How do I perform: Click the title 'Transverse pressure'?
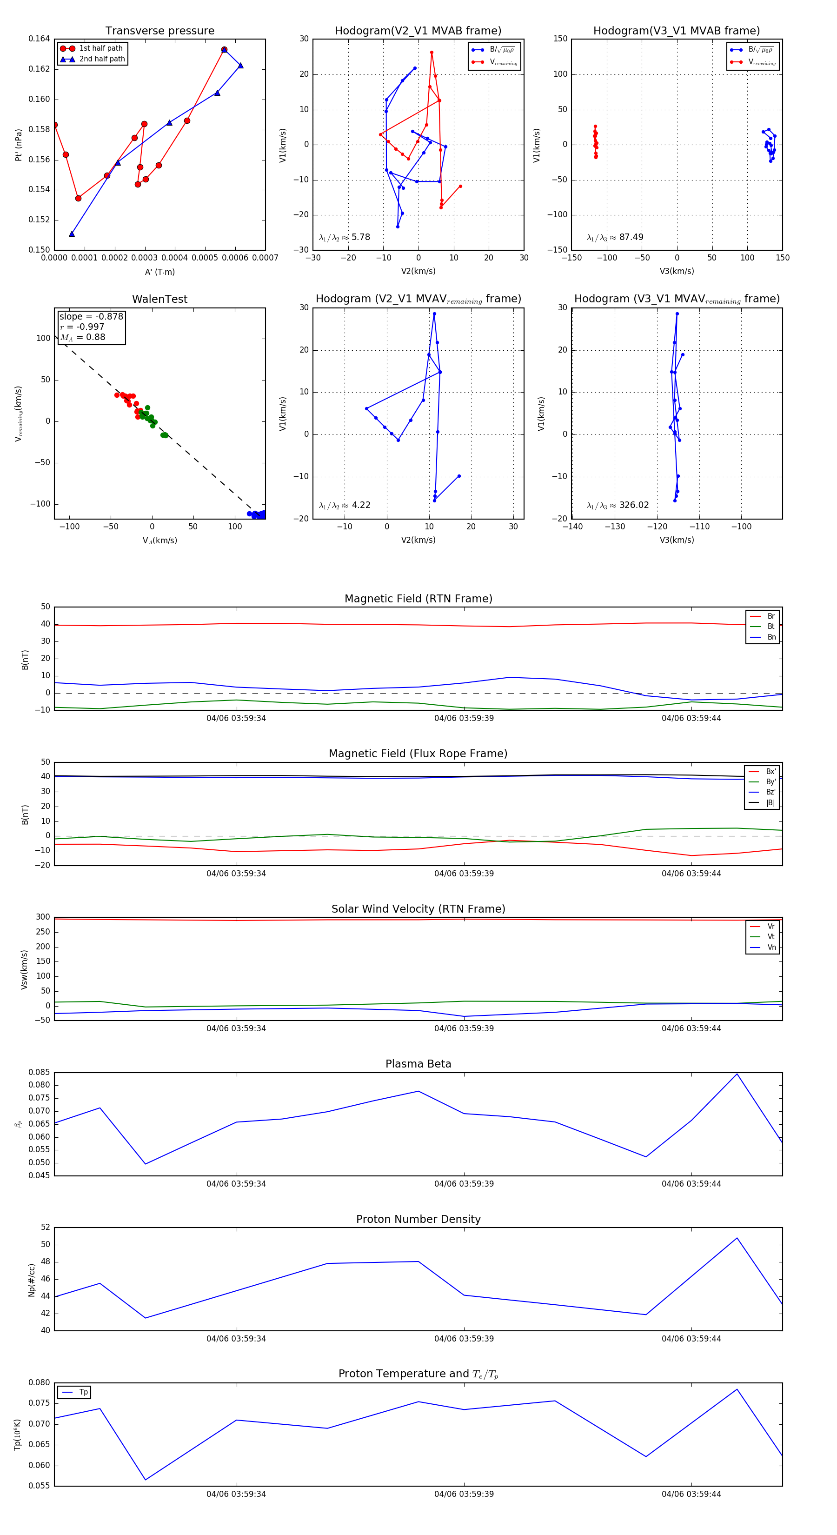click(159, 31)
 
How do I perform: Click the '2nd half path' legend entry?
click(102, 59)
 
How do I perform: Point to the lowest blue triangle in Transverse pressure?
click(72, 234)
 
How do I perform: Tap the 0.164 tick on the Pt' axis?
click(40, 39)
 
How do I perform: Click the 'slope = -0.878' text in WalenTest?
click(91, 316)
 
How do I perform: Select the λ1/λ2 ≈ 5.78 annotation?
click(344, 237)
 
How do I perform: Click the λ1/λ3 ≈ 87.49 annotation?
click(615, 237)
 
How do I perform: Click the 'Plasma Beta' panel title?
click(418, 1064)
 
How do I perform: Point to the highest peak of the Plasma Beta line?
click(737, 1074)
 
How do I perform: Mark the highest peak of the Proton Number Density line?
click(737, 1238)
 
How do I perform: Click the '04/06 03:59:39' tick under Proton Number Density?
click(464, 1338)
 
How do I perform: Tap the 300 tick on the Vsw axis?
click(43, 917)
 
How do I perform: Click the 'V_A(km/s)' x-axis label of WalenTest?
click(159, 541)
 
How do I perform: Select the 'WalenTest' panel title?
click(159, 299)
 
